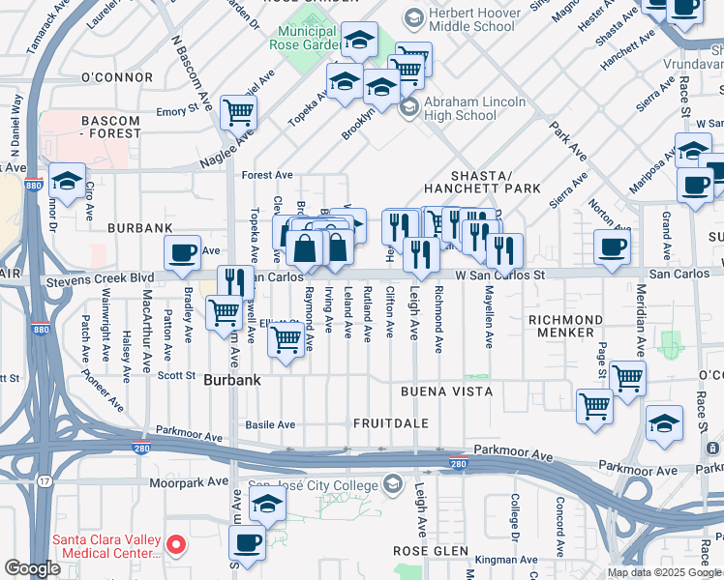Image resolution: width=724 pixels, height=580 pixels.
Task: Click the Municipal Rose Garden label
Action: coord(300,40)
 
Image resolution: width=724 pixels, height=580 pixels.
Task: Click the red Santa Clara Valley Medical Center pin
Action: coord(176,545)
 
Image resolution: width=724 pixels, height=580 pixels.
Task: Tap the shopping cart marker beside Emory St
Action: coord(238,112)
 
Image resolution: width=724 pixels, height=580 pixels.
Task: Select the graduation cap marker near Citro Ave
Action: coord(67,180)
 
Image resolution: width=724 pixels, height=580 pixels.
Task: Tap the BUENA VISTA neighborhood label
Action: coord(447,391)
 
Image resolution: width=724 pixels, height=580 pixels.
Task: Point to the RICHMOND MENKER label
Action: coord(565,326)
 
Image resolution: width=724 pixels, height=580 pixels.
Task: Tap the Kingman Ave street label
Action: coord(499,559)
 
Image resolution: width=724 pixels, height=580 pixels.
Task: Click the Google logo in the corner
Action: coord(32,567)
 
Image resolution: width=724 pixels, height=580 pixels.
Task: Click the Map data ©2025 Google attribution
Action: coord(663,571)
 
